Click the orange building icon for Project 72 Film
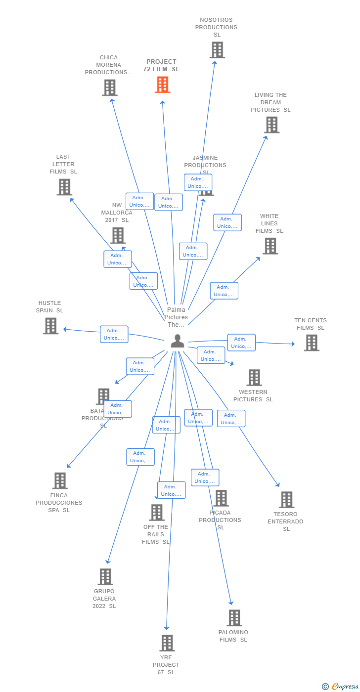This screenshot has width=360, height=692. [x=162, y=85]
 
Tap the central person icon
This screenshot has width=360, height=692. [x=177, y=341]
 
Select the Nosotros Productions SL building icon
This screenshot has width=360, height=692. [x=217, y=50]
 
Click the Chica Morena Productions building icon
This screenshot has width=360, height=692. [x=110, y=87]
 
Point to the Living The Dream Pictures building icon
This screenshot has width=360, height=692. [x=271, y=125]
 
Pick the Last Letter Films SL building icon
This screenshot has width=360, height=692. [x=64, y=187]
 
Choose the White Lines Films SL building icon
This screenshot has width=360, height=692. [x=270, y=246]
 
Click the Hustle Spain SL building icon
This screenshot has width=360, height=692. [x=50, y=326]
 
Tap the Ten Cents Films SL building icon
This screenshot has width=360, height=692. [x=311, y=343]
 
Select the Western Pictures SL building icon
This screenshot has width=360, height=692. [x=254, y=378]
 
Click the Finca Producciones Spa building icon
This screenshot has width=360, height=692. [x=60, y=480]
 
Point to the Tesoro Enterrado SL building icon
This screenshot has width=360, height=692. [x=286, y=500]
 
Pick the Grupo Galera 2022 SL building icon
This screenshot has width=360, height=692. [x=105, y=576]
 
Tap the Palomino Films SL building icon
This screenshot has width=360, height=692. [x=234, y=618]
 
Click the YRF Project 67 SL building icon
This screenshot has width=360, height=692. [x=167, y=643]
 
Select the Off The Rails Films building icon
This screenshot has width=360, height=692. [x=157, y=513]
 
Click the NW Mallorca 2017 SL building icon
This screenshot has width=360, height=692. [x=118, y=235]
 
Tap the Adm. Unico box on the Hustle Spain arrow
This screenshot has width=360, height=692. [x=114, y=334]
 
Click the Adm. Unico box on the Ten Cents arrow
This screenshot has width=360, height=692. [x=241, y=343]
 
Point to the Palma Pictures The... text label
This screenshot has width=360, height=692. [x=176, y=317]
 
